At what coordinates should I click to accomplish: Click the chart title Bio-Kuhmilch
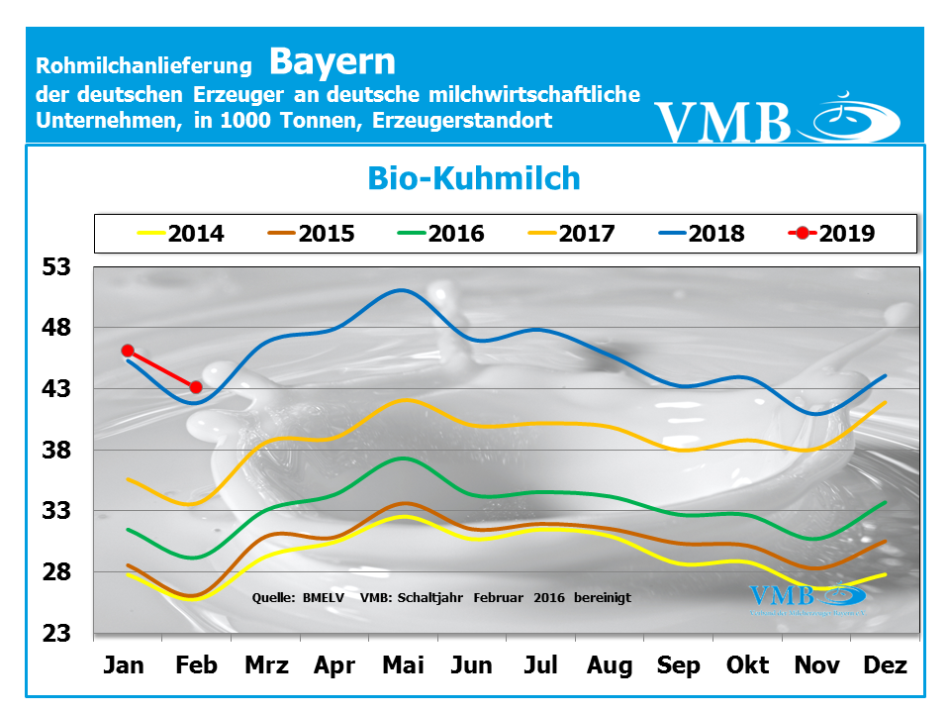pyautogui.click(x=474, y=178)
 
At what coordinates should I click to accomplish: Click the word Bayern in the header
pyautogui.click(x=332, y=61)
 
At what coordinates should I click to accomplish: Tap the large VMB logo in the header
pyautogui.click(x=777, y=119)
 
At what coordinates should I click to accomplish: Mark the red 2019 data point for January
pyautogui.click(x=128, y=351)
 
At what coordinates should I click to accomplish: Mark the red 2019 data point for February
pyautogui.click(x=196, y=387)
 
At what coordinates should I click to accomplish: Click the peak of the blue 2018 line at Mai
pyautogui.click(x=401, y=290)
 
